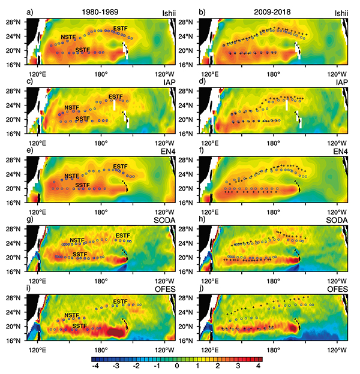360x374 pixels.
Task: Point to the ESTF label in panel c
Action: [x=115, y=96]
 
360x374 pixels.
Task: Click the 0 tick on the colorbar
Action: [x=177, y=366]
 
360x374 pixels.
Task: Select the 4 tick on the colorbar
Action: [x=258, y=366]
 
